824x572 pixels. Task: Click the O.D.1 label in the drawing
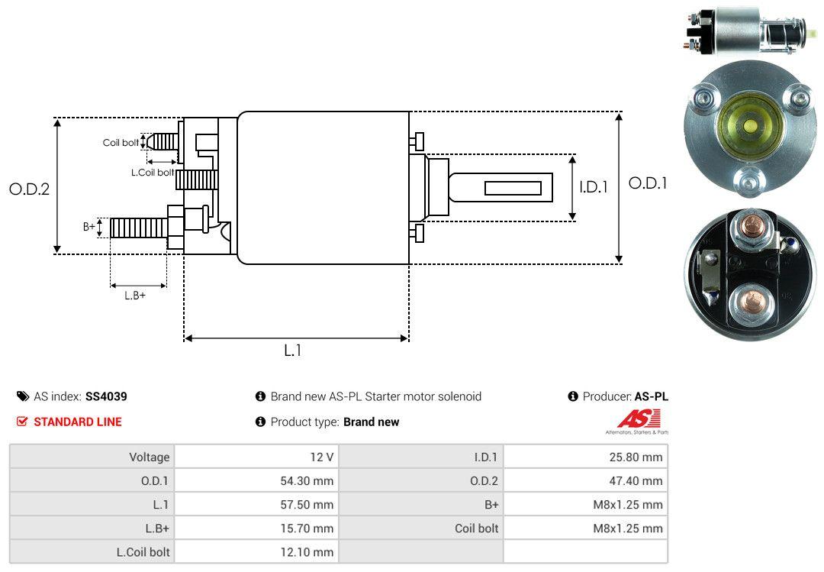(648, 183)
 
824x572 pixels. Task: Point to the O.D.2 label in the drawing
(30, 189)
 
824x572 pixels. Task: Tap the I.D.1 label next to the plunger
(594, 187)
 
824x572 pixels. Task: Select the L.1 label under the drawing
(293, 351)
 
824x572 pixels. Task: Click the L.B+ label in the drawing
(135, 296)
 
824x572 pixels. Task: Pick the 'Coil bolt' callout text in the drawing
(121, 143)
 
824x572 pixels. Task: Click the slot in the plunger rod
(513, 189)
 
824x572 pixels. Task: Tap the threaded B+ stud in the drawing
(139, 228)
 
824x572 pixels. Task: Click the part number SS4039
(106, 396)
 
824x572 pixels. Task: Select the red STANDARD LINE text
(78, 422)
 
